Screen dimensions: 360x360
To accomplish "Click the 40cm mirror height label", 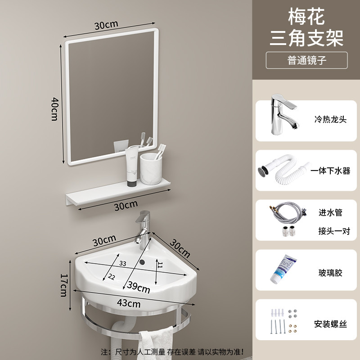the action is pos(54,109).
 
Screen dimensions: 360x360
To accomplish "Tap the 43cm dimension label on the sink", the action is pos(129,303).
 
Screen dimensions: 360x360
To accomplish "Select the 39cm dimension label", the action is pos(138,287).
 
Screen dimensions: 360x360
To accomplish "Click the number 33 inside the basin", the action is pos(122,263).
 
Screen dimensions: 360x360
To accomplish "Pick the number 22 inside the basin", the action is pos(111,277).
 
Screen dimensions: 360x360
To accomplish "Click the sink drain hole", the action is pos(142,261).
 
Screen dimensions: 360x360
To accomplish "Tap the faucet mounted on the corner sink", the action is pos(142,229).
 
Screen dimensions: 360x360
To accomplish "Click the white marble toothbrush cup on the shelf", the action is pos(151,168).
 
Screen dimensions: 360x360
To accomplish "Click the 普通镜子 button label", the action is pos(307,60).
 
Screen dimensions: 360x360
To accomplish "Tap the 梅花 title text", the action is pos(306,16).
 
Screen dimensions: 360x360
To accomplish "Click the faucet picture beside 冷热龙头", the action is pos(284,114).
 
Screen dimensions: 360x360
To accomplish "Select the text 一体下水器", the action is pos(330,171).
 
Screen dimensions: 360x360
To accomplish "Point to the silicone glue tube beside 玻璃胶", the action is pos(283,269).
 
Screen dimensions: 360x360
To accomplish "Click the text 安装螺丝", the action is pos(330,324).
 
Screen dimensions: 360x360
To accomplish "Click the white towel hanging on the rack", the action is pos(157,342).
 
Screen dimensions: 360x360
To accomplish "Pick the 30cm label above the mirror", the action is pos(106,25).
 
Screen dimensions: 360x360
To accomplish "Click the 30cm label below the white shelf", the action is pos(126,205).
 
